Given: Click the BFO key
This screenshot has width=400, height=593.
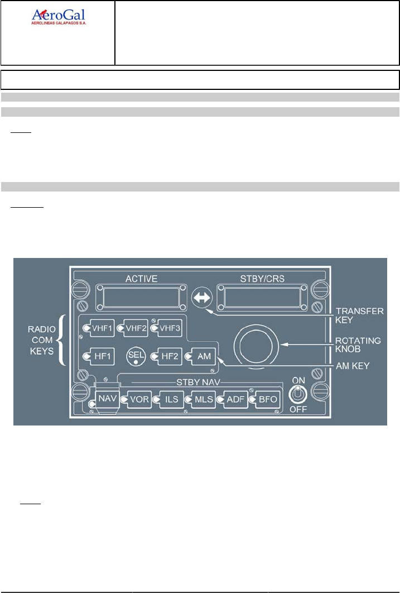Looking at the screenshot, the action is click(x=264, y=400).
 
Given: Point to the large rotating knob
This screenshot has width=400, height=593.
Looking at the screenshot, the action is click(x=257, y=349).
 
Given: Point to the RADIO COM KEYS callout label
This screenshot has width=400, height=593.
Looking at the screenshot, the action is click(x=42, y=339).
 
